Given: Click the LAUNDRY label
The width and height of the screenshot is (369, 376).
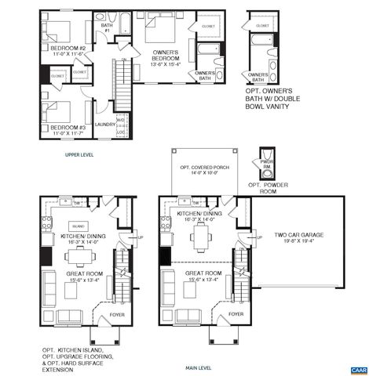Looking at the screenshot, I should click(x=104, y=123).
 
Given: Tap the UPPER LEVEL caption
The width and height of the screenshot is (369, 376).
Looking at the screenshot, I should click(x=79, y=155).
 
